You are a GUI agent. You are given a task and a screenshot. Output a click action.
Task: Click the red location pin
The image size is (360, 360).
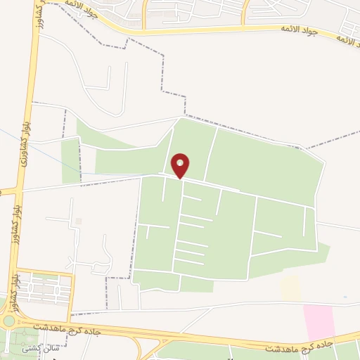pyautogui.click(x=181, y=165)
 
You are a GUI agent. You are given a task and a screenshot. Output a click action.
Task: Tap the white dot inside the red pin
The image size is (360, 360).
pyautogui.click(x=181, y=163)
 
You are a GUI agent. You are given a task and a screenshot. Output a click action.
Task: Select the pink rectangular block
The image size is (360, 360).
pyautogui.click(x=319, y=322)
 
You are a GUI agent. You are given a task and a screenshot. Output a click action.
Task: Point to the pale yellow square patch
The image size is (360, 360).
pyautogui.click(x=290, y=288)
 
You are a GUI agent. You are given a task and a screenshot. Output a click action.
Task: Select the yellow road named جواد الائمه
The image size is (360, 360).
pyautogui.click(x=211, y=30)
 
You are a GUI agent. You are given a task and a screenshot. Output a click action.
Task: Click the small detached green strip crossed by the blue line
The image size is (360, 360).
pyautogui.click(x=70, y=160)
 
